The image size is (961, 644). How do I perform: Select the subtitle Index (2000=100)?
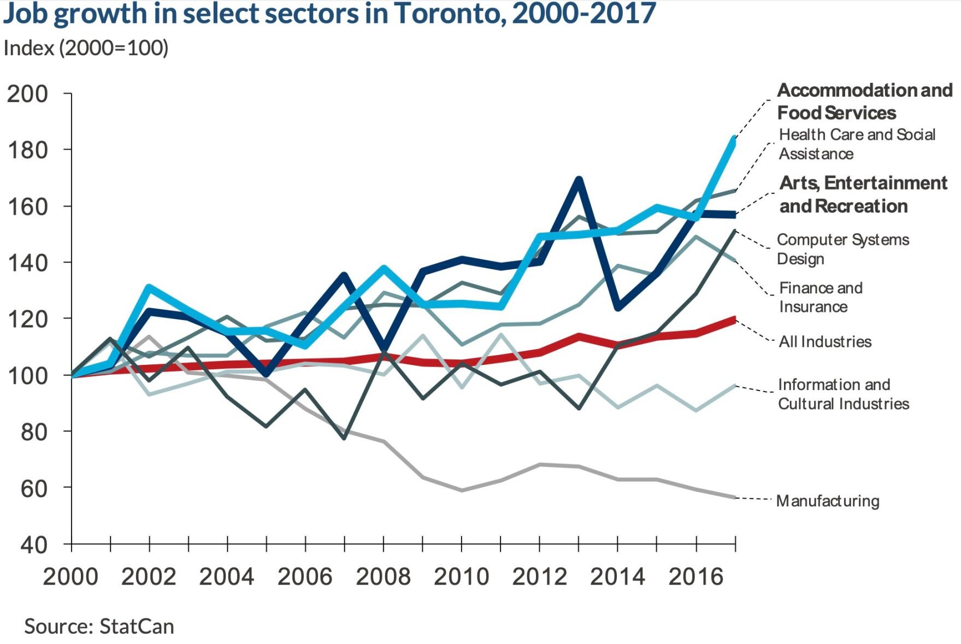coord(86,48)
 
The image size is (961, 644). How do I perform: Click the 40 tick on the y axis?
coord(34,545)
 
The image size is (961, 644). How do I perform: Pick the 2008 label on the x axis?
coord(383,577)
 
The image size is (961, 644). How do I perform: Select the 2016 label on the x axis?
coord(695,577)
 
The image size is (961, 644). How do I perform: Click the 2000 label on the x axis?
coord(70,577)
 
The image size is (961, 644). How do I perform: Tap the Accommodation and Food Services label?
coord(864,102)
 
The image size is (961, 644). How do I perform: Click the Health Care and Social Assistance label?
coord(857,144)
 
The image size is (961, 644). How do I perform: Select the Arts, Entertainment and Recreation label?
coord(863,194)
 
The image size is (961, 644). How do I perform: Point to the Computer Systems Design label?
coord(842,249)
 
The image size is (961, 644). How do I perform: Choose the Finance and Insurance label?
coord(821,297)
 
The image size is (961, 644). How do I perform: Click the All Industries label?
coord(825,342)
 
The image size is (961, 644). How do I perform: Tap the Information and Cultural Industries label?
coord(843,394)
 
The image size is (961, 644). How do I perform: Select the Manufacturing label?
coord(828,501)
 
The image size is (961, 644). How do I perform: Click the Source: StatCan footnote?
coord(99,627)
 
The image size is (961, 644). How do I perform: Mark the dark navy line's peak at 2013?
coord(579,179)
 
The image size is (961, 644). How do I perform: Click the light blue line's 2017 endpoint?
coord(734,139)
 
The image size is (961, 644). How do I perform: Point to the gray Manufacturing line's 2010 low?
coord(462,491)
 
